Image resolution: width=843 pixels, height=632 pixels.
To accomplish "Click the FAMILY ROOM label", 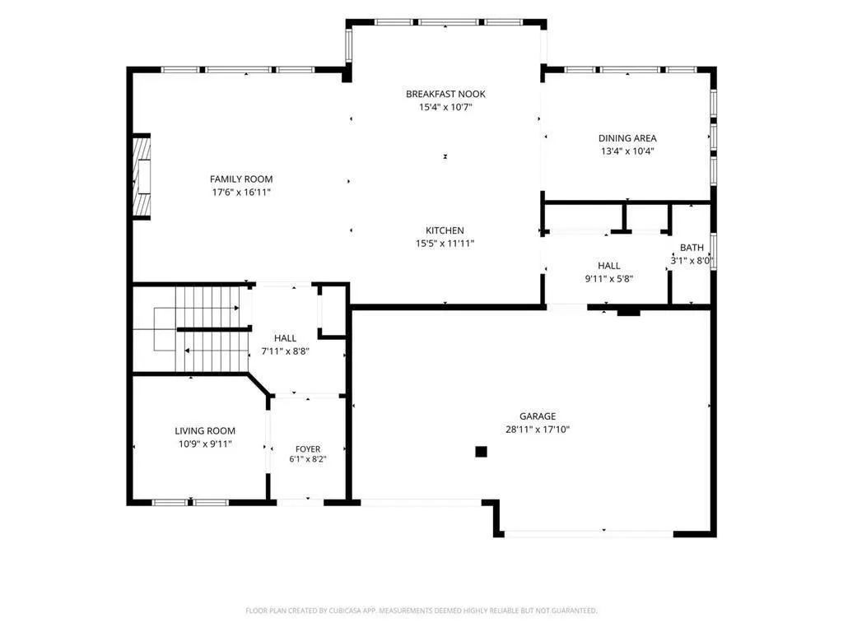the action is point(241,179).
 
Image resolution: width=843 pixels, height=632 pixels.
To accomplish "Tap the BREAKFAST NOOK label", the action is point(445,94).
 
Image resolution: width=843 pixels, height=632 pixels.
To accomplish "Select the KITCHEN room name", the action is point(445,230).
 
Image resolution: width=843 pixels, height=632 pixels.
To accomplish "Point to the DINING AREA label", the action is point(627,138).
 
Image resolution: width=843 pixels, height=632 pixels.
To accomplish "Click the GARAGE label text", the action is point(538,416).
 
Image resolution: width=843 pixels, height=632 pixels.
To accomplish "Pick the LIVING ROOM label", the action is point(205,430).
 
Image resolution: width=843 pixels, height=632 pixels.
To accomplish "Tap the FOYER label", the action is point(308,448).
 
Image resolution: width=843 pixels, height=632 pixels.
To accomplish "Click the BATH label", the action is point(692,248).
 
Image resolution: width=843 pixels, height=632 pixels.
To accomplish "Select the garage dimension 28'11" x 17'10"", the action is point(538,430).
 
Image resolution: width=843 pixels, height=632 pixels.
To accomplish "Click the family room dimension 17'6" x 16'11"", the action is point(241,193).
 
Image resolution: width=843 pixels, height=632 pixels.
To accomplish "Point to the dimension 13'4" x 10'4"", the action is point(627,151).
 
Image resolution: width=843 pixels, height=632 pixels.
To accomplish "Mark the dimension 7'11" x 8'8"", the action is point(285,351).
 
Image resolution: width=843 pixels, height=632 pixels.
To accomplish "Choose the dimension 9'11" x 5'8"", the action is point(608,279).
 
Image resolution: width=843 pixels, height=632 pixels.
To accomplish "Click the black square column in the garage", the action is point(481,452).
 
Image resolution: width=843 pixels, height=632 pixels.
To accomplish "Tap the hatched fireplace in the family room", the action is point(142,176).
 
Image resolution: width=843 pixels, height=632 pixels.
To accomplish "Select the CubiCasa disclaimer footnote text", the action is point(421,611).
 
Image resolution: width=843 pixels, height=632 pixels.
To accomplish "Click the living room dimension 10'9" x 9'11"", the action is point(205,444).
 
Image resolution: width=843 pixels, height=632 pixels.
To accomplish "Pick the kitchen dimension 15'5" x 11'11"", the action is point(445,244).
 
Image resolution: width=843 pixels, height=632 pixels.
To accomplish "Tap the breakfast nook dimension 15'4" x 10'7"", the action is point(445,107).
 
